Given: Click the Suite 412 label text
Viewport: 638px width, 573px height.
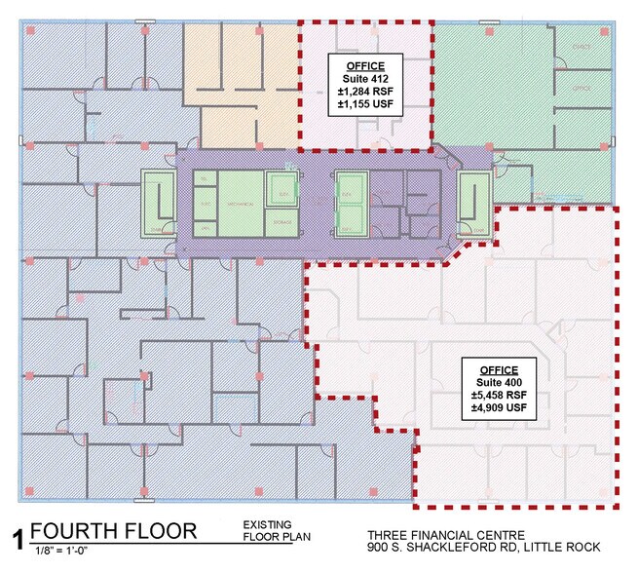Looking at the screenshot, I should point(364,80).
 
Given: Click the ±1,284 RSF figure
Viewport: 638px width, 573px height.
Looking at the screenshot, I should point(364,94).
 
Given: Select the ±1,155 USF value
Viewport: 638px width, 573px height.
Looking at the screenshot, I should point(364,107).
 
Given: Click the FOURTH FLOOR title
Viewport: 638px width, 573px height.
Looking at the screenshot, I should point(114,532).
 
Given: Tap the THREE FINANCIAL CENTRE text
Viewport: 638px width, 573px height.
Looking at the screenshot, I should point(446,534).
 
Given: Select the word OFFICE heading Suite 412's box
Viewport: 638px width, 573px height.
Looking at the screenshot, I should point(364,66).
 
